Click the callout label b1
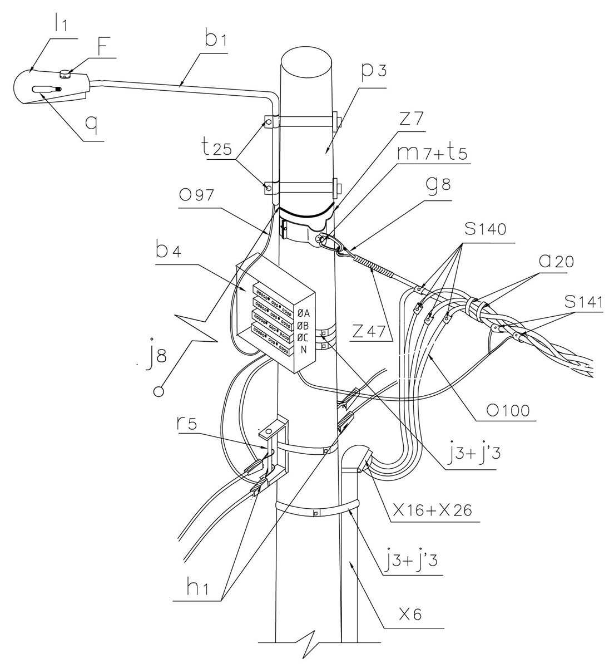click(216, 40)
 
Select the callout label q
click(92, 125)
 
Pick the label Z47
click(369, 331)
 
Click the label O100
click(508, 411)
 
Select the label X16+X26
click(432, 510)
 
